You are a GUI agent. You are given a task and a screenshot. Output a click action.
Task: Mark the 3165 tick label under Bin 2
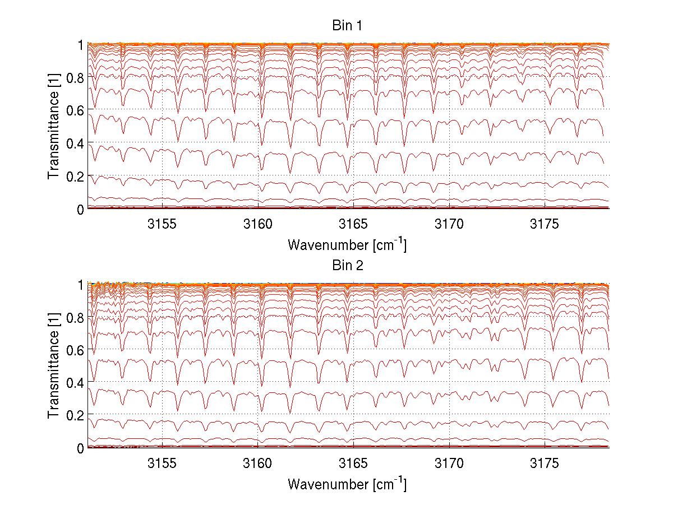coord(353,465)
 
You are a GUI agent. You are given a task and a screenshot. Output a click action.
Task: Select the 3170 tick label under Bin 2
coord(449,465)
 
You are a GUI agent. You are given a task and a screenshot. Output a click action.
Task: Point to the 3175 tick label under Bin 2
coord(545,465)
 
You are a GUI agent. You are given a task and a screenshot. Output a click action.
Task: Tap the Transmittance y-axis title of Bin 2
coord(53,366)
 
